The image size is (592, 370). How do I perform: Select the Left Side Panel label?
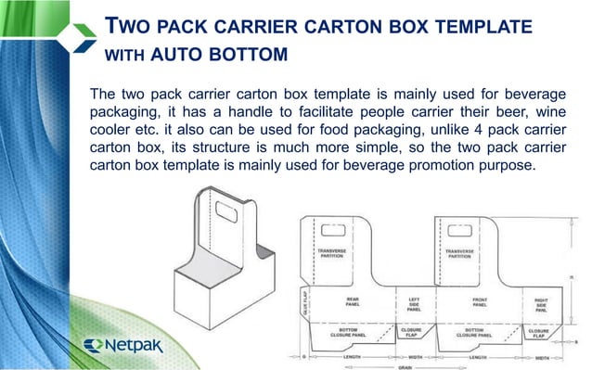click(415, 303)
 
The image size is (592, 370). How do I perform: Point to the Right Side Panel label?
click(540, 303)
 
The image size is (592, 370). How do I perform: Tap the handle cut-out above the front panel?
click(461, 229)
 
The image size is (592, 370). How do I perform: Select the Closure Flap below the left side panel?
click(411, 330)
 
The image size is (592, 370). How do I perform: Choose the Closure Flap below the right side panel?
click(538, 330)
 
